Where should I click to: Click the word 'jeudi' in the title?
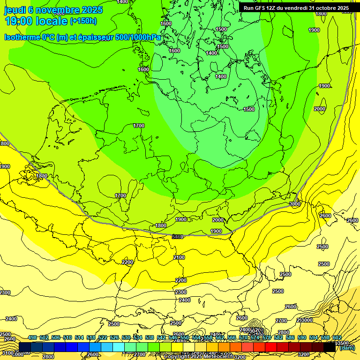pos(15,10)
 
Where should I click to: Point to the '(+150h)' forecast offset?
pos(83,21)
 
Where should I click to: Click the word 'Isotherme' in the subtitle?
pos(22,37)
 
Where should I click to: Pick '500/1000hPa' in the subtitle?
pos(140,37)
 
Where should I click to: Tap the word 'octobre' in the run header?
pos(323,8)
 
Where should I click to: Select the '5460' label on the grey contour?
pos(178,237)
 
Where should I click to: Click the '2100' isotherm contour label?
pos(179,257)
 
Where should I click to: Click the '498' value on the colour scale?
pos(32,337)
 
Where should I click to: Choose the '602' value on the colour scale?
pos(337,337)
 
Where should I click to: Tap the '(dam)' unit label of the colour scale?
pos(347,347)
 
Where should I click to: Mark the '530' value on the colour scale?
pos(126,337)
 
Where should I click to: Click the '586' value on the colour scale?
pos(290,337)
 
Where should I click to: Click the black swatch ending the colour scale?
pos(330,347)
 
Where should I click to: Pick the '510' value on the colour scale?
pos(67,337)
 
